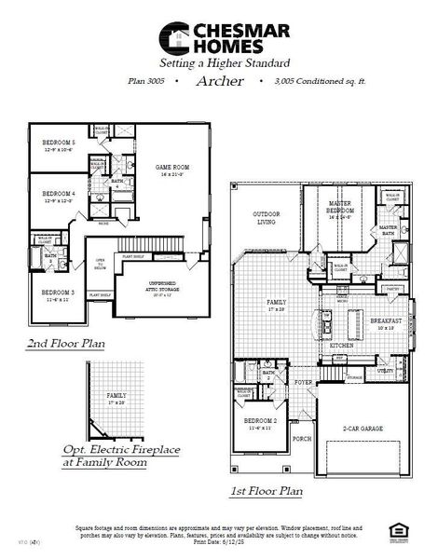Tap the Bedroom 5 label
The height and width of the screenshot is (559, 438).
(x=59, y=143)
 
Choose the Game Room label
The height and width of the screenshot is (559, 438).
(x=172, y=168)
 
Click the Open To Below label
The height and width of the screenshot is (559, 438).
(x=99, y=264)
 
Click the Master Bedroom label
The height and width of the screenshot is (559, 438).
(x=339, y=210)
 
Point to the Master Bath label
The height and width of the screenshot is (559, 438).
(x=388, y=227)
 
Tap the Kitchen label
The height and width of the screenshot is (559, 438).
(x=341, y=345)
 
